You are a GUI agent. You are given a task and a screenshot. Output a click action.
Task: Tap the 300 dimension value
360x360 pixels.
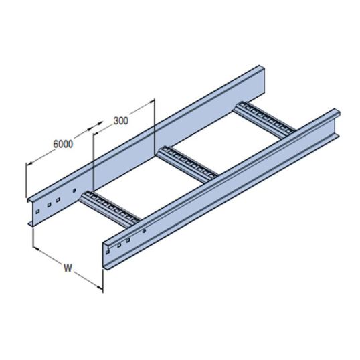pyautogui.click(x=120, y=121)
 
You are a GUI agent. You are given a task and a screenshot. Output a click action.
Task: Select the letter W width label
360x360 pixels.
pyautogui.click(x=67, y=269)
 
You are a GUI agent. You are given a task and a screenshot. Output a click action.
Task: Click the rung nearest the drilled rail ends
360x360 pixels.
pyautogui.click(x=111, y=207)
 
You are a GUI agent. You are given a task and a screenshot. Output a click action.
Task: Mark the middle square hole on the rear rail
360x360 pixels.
pyautogui.click(x=48, y=205)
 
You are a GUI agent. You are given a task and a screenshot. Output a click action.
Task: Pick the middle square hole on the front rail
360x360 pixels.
pyautogui.click(x=120, y=245)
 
